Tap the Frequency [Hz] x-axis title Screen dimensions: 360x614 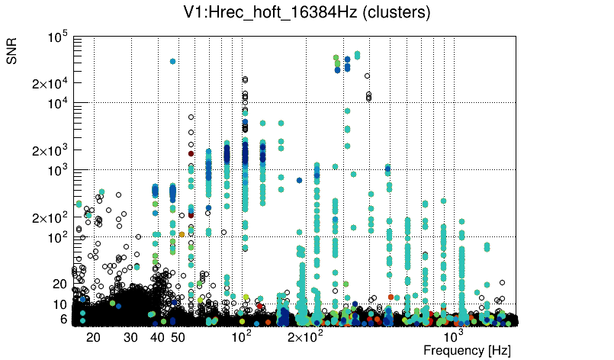click(467, 350)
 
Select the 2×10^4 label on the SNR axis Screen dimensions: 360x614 click(51, 83)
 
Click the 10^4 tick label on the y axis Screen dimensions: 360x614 click(58, 104)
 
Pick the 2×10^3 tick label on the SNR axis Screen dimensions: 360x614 click(51, 150)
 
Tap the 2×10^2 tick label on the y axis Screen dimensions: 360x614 click(51, 218)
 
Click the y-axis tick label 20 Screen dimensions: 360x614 click(60, 284)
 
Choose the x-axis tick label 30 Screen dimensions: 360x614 click(131, 337)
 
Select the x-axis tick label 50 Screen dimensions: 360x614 click(177, 337)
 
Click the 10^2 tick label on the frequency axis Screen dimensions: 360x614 click(242, 336)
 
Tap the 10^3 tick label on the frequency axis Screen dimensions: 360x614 click(454, 336)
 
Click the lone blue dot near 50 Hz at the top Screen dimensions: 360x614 click(173, 61)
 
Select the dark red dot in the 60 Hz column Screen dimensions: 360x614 click(191, 153)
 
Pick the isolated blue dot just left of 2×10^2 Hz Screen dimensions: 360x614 click(299, 181)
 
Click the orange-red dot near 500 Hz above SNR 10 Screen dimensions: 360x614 click(391, 297)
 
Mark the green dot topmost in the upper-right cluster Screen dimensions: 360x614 click(336, 57)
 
